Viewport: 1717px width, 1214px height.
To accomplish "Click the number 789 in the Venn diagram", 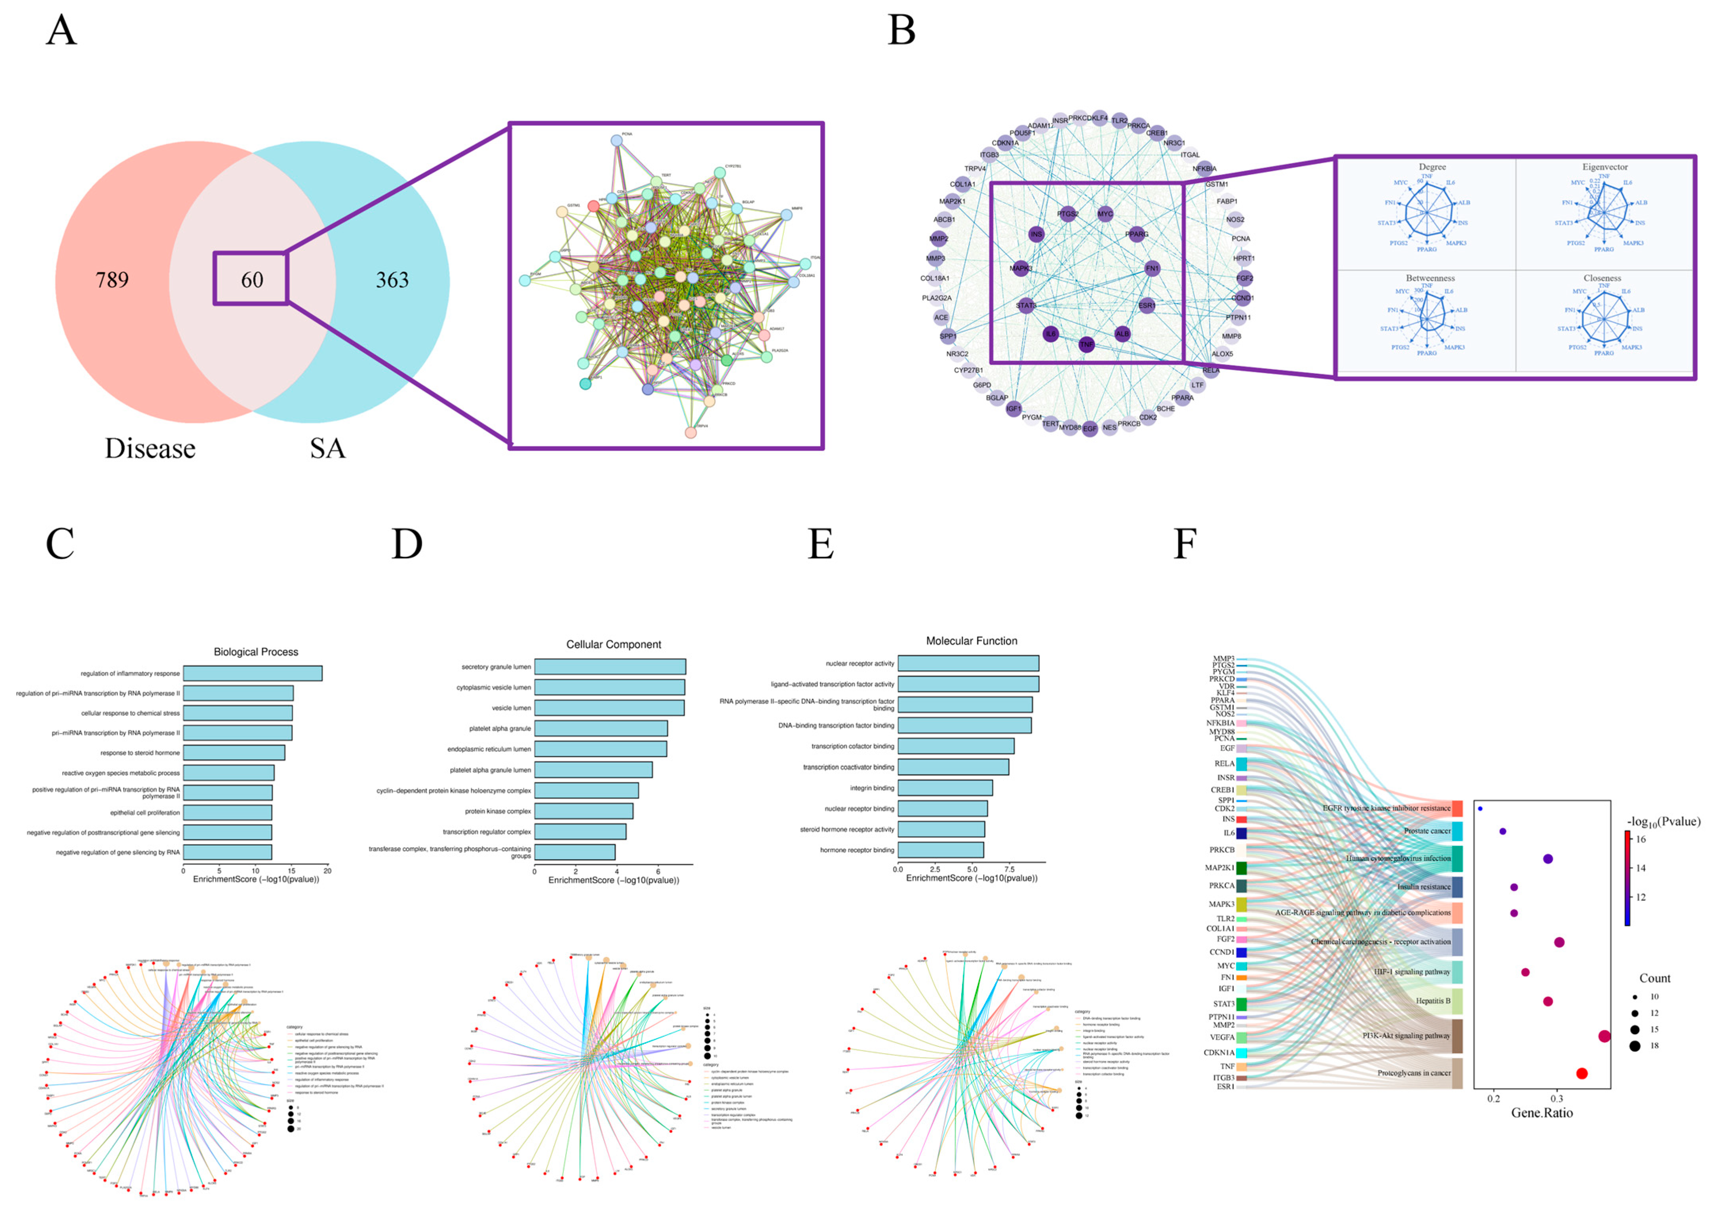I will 112,280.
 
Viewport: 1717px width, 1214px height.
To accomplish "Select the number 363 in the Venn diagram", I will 392,280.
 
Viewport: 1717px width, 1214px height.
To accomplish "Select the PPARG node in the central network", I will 1136,234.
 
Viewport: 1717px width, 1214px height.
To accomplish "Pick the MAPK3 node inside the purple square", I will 1021,268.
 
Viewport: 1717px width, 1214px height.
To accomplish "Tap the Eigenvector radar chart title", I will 1605,167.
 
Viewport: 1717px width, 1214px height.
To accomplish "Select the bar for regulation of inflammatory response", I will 253,673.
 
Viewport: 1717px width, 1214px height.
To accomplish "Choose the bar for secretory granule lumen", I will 609,666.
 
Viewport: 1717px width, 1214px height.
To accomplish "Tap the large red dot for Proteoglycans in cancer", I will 1582,1073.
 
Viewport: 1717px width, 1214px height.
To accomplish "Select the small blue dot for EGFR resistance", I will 1480,809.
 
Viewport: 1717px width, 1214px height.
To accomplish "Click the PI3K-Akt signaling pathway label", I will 1406,1036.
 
